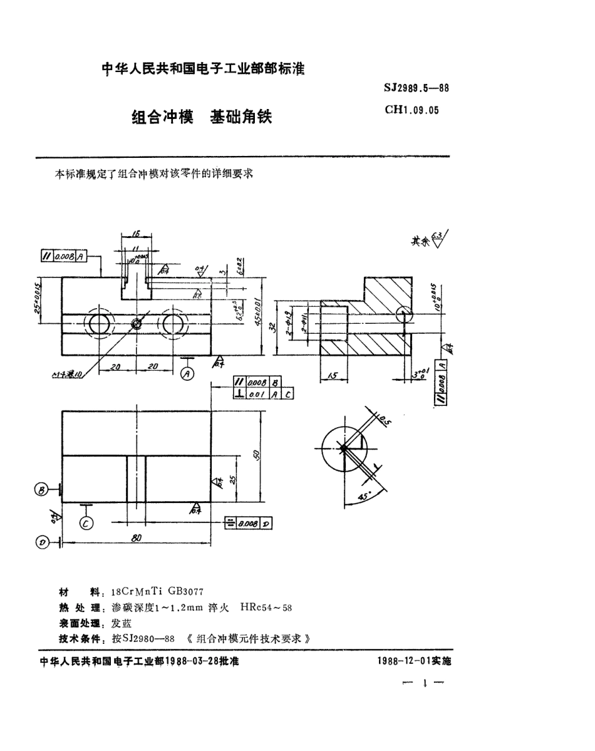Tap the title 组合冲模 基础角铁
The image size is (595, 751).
click(x=202, y=117)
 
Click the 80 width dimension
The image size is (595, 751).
click(x=136, y=538)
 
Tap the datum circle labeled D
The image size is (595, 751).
click(x=43, y=542)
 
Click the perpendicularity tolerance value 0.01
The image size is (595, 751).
click(x=256, y=394)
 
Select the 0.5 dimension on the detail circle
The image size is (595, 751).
click(x=384, y=421)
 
